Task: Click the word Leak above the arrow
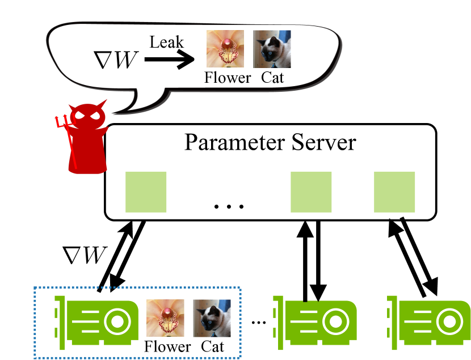[166, 43]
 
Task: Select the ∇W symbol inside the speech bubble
[116, 60]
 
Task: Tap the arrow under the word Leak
[170, 59]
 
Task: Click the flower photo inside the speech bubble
[225, 49]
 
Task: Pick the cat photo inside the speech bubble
[272, 49]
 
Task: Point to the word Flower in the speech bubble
[228, 78]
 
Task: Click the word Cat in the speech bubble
[272, 78]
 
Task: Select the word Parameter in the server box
[234, 143]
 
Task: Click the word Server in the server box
[324, 142]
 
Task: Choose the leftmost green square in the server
[146, 192]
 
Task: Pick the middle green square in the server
[311, 192]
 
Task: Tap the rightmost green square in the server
[394, 192]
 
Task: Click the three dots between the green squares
[229, 206]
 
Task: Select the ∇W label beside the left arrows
[85, 255]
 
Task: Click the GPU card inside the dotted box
[96, 323]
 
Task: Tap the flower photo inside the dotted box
[165, 318]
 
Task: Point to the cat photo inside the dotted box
[212, 318]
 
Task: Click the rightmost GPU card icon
[428, 323]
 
